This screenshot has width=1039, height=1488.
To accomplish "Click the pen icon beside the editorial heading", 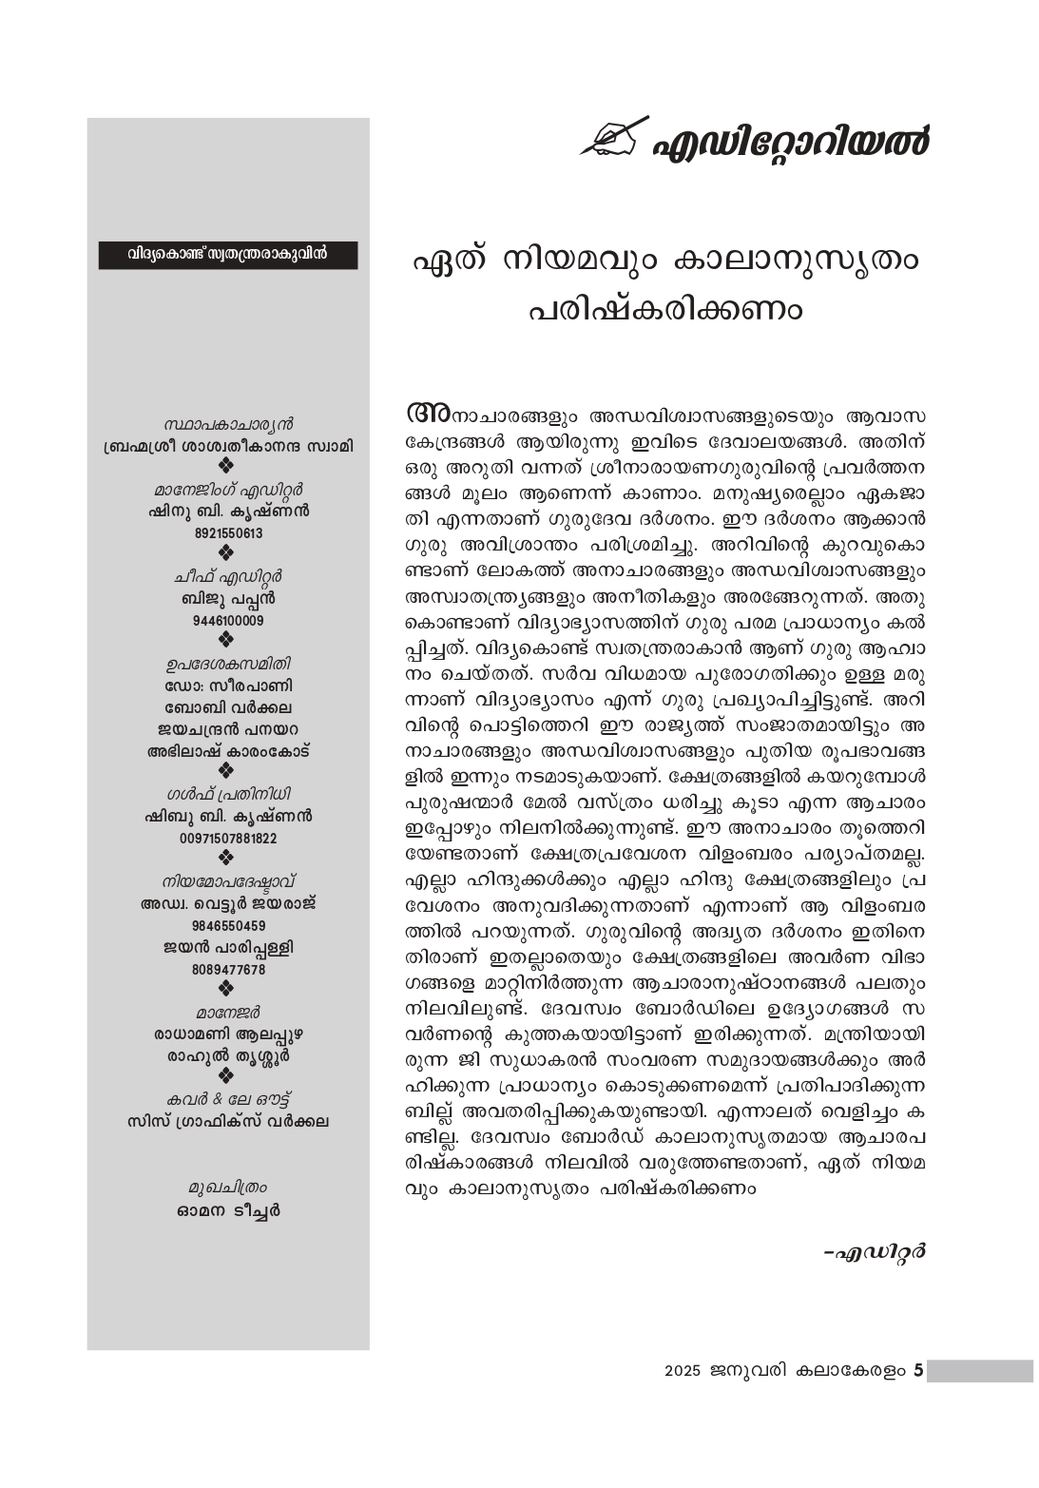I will pyautogui.click(x=614, y=140).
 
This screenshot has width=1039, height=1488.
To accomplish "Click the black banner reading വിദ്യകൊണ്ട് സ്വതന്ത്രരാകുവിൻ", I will pyautogui.click(x=228, y=255).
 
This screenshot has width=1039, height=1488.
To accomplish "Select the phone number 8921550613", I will pyautogui.click(x=228, y=533).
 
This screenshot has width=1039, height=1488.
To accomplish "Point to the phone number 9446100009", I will pyautogui.click(x=228, y=621).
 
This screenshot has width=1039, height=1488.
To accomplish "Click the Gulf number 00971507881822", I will pyautogui.click(x=228, y=839).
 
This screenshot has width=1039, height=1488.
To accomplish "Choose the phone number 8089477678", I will pyautogui.click(x=228, y=970).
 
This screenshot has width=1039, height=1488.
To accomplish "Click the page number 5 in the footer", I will pyautogui.click(x=917, y=1371).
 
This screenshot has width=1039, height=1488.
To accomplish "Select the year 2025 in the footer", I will pyautogui.click(x=683, y=1372).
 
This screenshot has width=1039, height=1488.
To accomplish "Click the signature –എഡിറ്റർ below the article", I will pyautogui.click(x=875, y=1251).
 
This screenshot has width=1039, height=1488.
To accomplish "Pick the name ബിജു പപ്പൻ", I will pyautogui.click(x=228, y=599).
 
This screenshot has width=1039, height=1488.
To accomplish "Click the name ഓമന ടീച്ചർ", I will pyautogui.click(x=228, y=1211).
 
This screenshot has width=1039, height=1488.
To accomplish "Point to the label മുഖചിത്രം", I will pyautogui.click(x=228, y=1188).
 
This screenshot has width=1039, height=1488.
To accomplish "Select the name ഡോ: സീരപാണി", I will pyautogui.click(x=228, y=686).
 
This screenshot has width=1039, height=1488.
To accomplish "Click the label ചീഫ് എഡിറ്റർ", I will pyautogui.click(x=228, y=577).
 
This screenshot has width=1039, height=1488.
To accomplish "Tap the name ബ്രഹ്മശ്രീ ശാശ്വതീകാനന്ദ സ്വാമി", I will pyautogui.click(x=228, y=446).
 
